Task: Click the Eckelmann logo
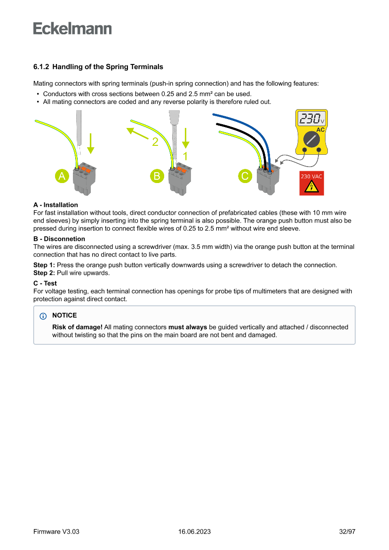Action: [x=72, y=29]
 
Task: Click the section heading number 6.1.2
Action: [x=41, y=67]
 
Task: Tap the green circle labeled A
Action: [x=61, y=176]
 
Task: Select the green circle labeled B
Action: [x=156, y=176]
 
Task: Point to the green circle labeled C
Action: [x=245, y=176]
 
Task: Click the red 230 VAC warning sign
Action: [x=311, y=183]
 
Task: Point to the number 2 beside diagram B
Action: [x=155, y=141]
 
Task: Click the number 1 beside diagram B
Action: [x=185, y=156]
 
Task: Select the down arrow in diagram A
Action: [x=91, y=143]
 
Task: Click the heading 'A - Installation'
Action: [x=56, y=205]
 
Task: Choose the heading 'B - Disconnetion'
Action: [x=59, y=239]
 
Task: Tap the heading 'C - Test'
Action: [x=45, y=284]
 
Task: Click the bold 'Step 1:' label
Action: [x=44, y=265]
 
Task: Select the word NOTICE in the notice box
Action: [x=64, y=315]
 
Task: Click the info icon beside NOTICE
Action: [x=44, y=316]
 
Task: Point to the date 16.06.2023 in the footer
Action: [x=194, y=532]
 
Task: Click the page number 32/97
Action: [x=347, y=532]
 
